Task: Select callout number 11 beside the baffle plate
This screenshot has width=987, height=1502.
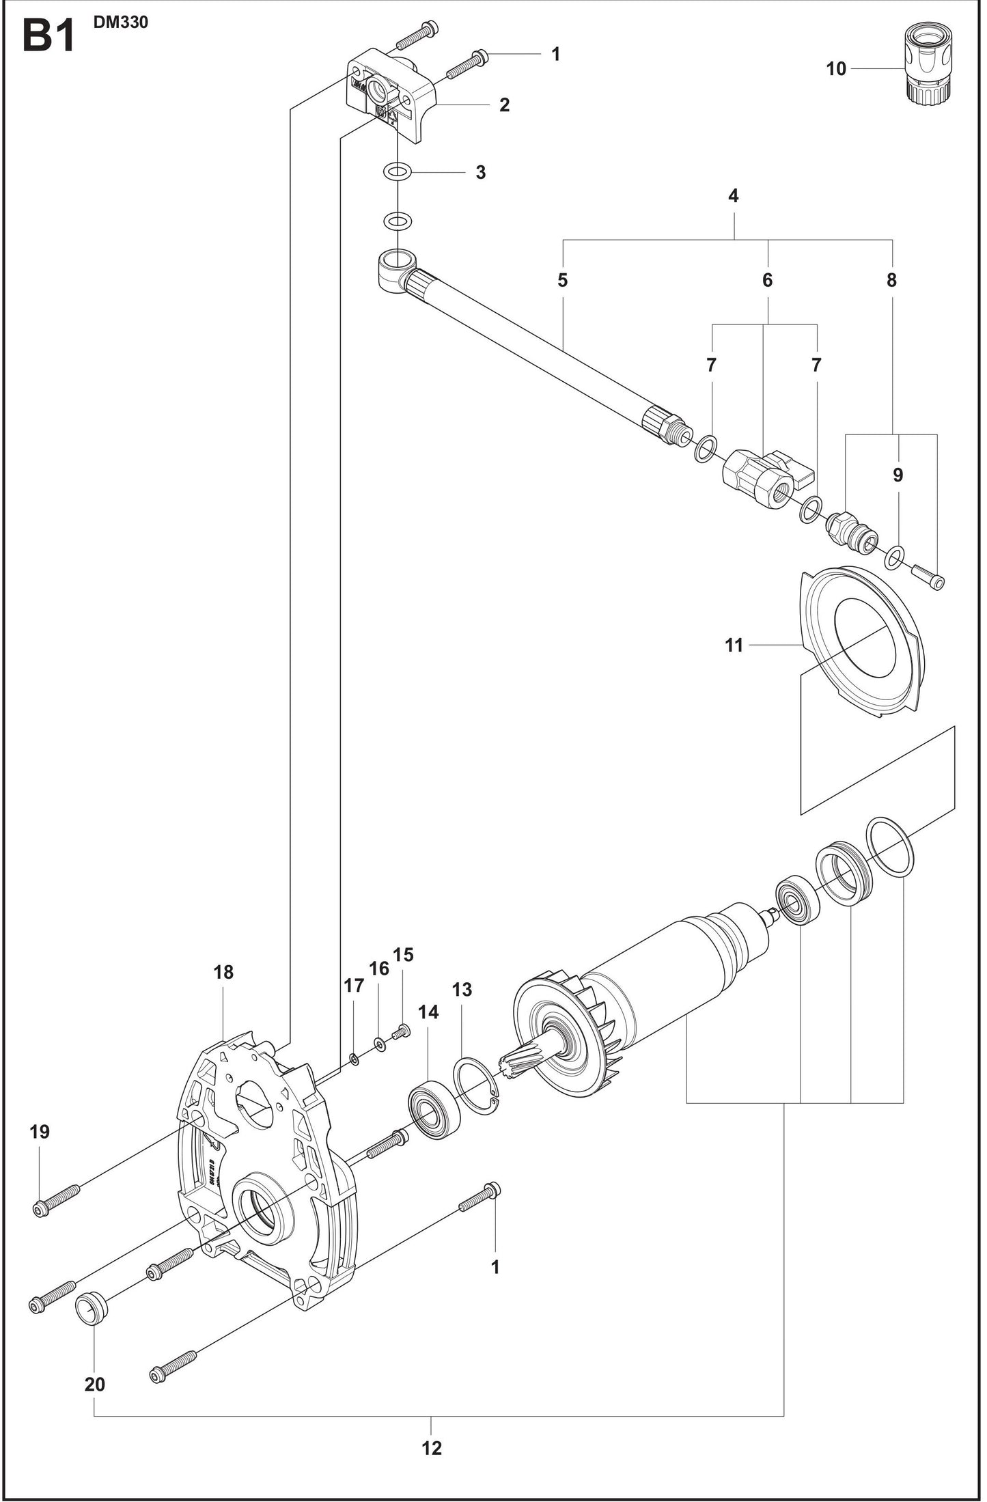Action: pyautogui.click(x=734, y=645)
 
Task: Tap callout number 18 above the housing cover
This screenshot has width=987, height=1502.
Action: pyautogui.click(x=223, y=972)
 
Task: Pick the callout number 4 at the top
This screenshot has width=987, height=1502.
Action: pyautogui.click(x=734, y=196)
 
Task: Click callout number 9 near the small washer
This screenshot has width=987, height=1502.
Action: pyautogui.click(x=898, y=475)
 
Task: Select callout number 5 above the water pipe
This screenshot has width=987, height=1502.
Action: pyautogui.click(x=562, y=280)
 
